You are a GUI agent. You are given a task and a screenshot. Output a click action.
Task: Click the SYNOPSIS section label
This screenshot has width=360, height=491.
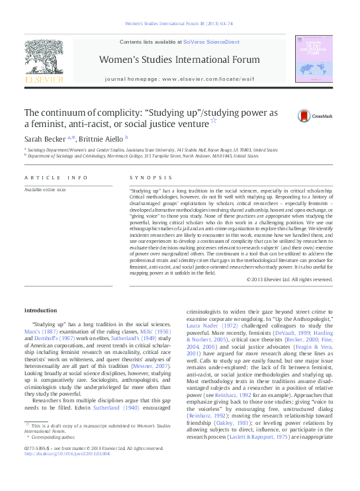tap(152, 177)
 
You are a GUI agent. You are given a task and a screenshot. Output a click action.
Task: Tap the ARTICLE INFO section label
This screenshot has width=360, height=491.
tap(56, 177)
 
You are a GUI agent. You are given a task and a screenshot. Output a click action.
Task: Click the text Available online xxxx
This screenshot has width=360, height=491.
tap(45, 190)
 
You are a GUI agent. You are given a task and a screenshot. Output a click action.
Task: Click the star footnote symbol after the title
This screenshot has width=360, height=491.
tap(212, 121)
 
